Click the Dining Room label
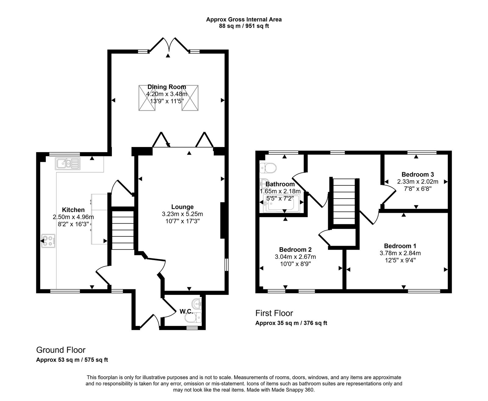(167, 87)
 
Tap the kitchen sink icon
(67, 163)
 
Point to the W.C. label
(185, 311)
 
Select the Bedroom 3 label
(418, 174)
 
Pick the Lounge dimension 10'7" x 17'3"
(182, 221)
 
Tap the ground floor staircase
(123, 230)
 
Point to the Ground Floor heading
(61, 350)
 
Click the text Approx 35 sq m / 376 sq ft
(291, 323)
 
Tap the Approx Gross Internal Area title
(244, 20)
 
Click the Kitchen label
(73, 210)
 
